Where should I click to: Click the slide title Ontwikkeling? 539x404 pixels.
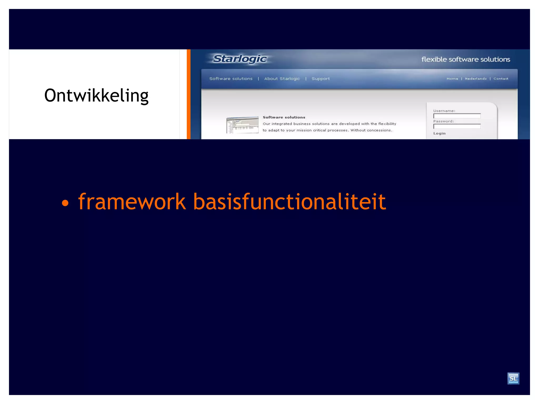coord(96,95)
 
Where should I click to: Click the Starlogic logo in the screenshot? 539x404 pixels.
coord(240,59)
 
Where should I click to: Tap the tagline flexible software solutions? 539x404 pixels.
coord(466,59)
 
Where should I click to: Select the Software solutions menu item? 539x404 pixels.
coord(231,79)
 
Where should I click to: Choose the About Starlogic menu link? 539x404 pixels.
coord(282,79)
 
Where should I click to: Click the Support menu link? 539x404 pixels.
coord(321,79)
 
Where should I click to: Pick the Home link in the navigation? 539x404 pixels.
coord(452,79)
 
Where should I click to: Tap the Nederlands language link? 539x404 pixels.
coord(476,79)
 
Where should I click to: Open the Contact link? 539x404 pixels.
coord(501,79)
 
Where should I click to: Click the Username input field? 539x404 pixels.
coord(457,116)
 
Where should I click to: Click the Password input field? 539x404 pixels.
coord(457,127)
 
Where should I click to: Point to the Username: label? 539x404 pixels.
coord(444,111)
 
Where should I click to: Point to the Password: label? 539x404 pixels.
coord(443,121)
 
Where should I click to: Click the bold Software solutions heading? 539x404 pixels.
coord(284,117)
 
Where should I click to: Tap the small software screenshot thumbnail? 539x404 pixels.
coord(242,125)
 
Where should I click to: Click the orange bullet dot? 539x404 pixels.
coord(65,203)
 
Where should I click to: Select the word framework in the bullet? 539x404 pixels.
coord(132,202)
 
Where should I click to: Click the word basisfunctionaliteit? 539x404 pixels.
coord(289,202)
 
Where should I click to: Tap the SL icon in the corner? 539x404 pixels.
coord(513,378)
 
